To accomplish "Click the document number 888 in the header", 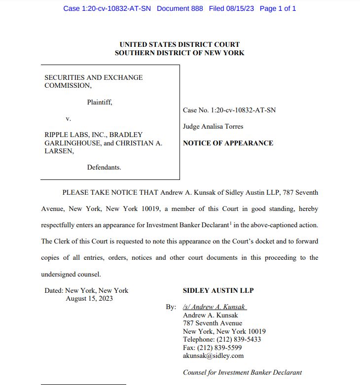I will [x=196, y=8].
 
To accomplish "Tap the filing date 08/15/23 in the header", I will [x=239, y=8].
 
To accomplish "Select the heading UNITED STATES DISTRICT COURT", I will [x=180, y=45].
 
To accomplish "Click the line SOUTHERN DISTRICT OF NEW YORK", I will [x=180, y=53].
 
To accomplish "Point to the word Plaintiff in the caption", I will [x=100, y=103].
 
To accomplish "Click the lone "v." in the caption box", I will [x=69, y=118].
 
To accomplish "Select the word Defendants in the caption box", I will [x=104, y=167].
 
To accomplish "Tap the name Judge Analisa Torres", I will [x=213, y=126].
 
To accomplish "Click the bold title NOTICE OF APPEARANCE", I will [x=228, y=143].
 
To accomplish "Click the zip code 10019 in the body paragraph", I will [x=149, y=209].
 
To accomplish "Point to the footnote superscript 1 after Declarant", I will [x=230, y=223].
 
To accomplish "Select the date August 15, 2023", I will [x=89, y=298].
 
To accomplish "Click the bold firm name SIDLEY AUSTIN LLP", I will [x=218, y=290].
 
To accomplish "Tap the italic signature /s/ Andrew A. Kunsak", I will [x=214, y=307].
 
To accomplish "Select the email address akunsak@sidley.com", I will [x=213, y=355].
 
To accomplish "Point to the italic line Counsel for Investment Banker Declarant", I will [x=242, y=372].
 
